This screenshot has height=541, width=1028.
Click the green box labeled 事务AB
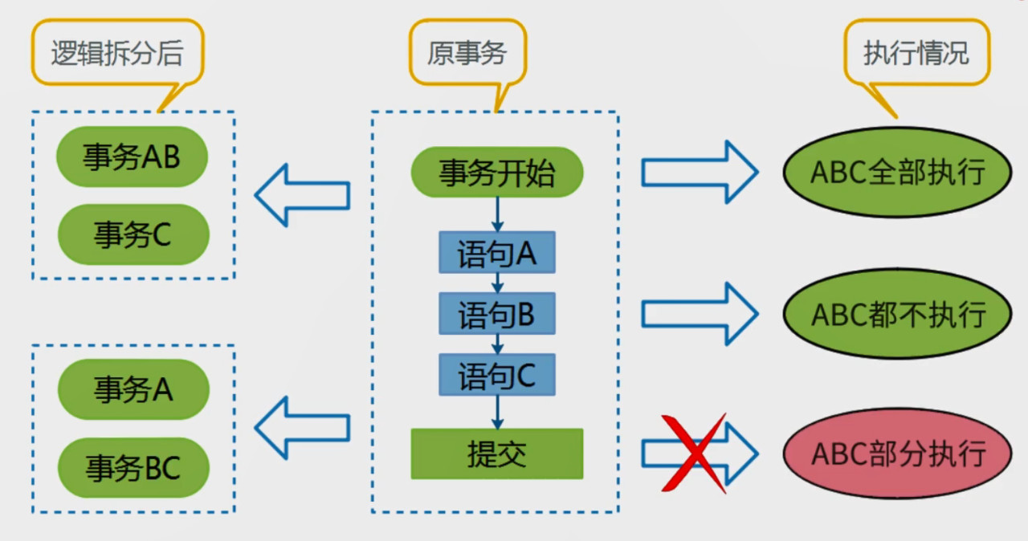(x=132, y=157)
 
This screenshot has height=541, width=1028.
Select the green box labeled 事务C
(x=133, y=234)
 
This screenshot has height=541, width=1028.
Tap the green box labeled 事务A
(x=133, y=390)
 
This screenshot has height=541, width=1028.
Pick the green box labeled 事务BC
(x=133, y=467)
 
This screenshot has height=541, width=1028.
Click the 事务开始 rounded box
(x=496, y=173)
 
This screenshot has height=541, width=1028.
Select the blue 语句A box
(x=496, y=253)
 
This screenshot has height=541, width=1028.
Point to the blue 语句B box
(x=496, y=314)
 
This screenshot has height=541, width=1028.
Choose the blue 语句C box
(x=496, y=375)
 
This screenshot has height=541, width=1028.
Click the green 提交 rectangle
(x=496, y=454)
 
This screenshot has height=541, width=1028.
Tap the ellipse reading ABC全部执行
(x=897, y=173)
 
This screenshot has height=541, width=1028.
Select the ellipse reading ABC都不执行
(x=897, y=314)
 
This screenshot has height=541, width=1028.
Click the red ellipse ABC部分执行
(x=897, y=454)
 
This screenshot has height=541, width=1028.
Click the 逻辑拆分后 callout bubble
(x=117, y=53)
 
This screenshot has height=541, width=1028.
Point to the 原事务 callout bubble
(x=467, y=53)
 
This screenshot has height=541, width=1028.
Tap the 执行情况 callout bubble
(x=916, y=53)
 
